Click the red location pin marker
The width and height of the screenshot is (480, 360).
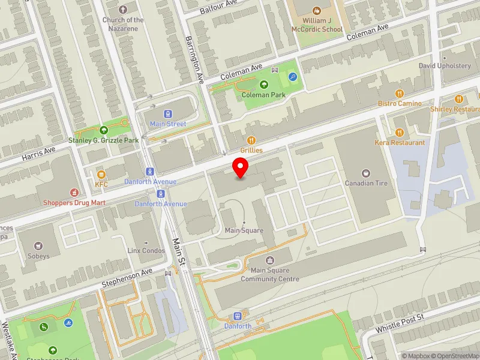click(x=241, y=167)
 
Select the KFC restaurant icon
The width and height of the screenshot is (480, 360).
click(x=101, y=174)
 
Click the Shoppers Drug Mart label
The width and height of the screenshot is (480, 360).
click(x=74, y=202)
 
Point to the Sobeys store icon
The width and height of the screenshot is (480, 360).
click(x=39, y=246)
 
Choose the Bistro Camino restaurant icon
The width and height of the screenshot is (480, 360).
click(x=400, y=93)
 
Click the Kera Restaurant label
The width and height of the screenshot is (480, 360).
click(x=400, y=143)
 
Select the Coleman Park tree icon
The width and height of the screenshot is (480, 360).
click(x=263, y=85)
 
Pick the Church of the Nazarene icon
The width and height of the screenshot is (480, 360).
click(x=123, y=10)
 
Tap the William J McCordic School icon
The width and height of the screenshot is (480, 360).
click(x=317, y=10)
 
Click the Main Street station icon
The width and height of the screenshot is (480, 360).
click(x=168, y=113)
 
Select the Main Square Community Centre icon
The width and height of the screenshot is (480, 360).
click(x=270, y=260)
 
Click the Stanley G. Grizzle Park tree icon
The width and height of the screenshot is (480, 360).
click(x=104, y=130)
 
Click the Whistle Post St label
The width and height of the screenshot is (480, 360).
click(x=400, y=323)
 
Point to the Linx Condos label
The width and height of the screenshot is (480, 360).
click(x=146, y=250)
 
